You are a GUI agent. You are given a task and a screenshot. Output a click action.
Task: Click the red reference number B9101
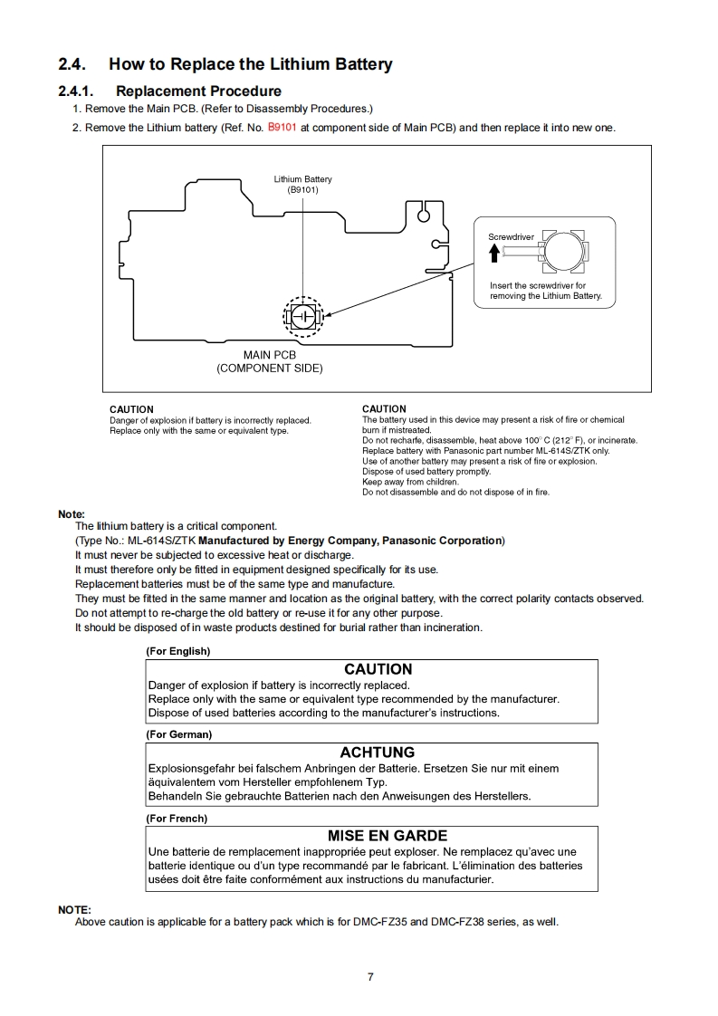(x=282, y=128)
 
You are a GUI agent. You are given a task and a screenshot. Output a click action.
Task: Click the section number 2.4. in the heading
(x=72, y=64)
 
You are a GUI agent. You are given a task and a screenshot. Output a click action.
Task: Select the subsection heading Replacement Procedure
(x=198, y=91)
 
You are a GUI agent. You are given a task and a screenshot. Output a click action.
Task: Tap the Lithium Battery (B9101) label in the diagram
(x=302, y=185)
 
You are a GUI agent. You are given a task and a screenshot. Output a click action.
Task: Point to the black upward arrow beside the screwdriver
(x=494, y=254)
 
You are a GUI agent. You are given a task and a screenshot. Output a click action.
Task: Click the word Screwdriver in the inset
(x=511, y=237)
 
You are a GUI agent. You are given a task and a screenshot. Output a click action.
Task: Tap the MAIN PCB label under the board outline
(x=269, y=355)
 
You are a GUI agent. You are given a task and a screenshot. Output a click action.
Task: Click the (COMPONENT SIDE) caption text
(x=269, y=369)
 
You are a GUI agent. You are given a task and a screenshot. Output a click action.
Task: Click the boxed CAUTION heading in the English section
(x=378, y=669)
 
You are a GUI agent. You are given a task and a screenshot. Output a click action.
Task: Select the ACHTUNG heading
(x=377, y=752)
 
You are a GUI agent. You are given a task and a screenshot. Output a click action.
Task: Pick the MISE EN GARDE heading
(x=387, y=836)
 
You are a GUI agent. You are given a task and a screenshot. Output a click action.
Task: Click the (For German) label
(x=179, y=734)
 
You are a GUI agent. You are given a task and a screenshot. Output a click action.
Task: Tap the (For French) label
(x=177, y=819)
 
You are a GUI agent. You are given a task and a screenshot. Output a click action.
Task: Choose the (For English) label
(x=178, y=651)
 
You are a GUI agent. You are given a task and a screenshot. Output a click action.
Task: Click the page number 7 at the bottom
(x=370, y=976)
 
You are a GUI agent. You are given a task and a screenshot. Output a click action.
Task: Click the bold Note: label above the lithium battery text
(x=72, y=514)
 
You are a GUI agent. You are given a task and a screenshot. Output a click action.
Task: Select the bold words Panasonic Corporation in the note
(x=442, y=541)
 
